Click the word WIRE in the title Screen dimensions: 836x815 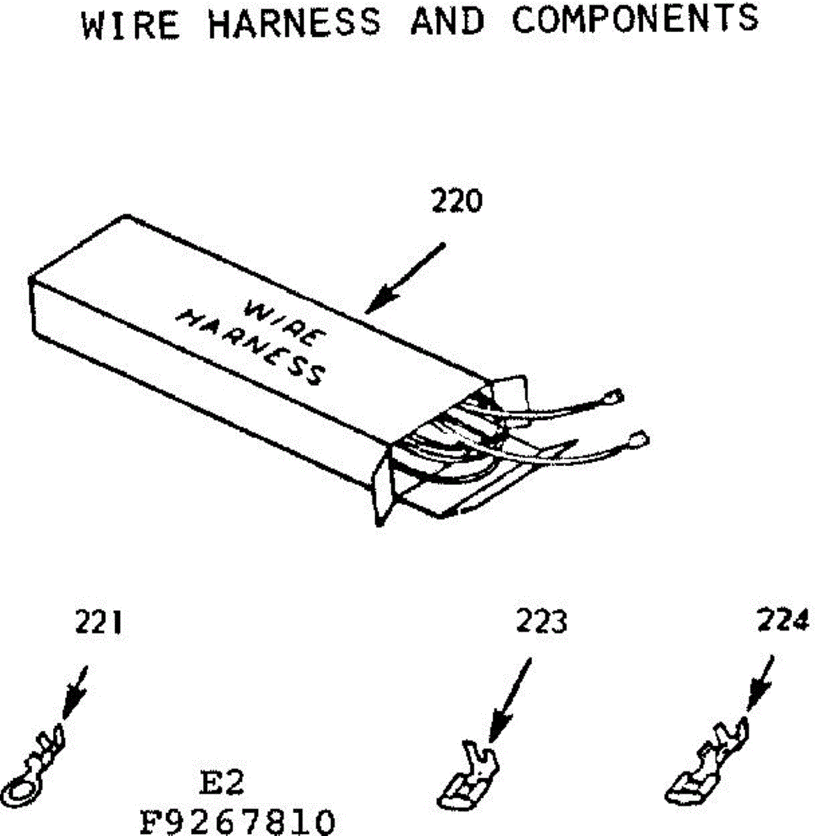130,24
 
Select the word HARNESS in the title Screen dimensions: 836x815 295,22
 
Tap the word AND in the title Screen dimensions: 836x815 447,21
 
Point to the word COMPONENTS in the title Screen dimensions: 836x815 635,19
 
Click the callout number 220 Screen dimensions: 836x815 456,201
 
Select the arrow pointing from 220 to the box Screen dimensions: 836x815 405,277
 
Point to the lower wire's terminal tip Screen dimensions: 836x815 637,440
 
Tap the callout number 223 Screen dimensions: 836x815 541,621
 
